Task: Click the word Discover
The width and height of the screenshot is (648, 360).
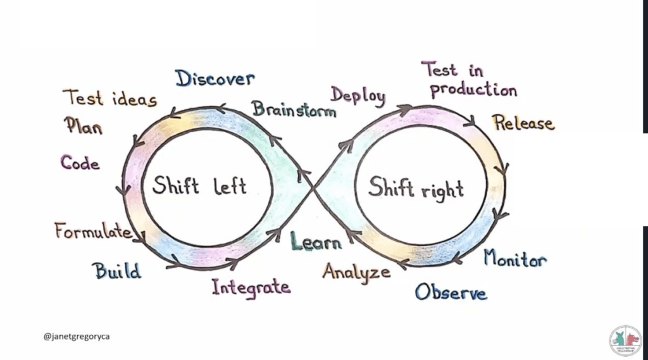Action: pyautogui.click(x=215, y=79)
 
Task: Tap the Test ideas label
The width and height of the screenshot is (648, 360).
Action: pyautogui.click(x=109, y=98)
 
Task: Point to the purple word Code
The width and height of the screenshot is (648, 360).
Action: pyautogui.click(x=80, y=163)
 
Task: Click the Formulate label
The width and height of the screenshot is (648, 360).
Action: pyautogui.click(x=92, y=231)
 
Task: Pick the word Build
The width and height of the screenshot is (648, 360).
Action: pyautogui.click(x=118, y=271)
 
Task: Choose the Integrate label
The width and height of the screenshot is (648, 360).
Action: pyautogui.click(x=251, y=287)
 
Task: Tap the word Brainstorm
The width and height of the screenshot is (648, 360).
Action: pyautogui.click(x=294, y=109)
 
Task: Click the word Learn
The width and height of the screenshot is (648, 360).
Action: pyautogui.click(x=316, y=242)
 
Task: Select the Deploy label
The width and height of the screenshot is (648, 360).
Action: pyautogui.click(x=358, y=96)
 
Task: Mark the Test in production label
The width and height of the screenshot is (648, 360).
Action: pyautogui.click(x=469, y=79)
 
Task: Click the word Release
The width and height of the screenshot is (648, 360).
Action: pyautogui.click(x=523, y=123)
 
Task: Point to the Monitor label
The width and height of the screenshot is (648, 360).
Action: pyautogui.click(x=515, y=258)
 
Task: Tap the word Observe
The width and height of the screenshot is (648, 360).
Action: pyautogui.click(x=451, y=292)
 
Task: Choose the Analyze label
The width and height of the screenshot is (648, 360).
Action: pyautogui.click(x=356, y=272)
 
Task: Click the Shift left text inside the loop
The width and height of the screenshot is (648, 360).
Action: pyautogui.click(x=199, y=187)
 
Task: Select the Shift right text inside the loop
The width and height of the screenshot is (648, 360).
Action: pyautogui.click(x=416, y=188)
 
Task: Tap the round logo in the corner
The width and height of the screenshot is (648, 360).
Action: pyautogui.click(x=625, y=340)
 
